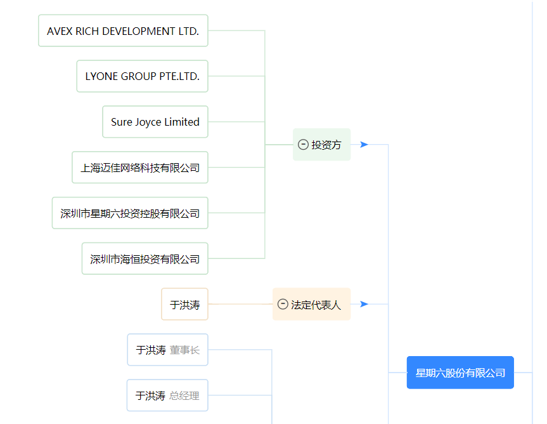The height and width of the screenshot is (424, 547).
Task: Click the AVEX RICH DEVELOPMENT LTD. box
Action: point(123,30)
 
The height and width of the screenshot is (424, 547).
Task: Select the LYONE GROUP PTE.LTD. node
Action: point(143,76)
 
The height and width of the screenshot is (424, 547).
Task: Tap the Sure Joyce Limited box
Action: point(155,122)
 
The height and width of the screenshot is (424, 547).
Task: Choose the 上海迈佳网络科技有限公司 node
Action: point(140,168)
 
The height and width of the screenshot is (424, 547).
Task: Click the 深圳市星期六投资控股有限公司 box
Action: point(130,213)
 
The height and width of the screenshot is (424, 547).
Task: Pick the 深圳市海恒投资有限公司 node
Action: point(145,258)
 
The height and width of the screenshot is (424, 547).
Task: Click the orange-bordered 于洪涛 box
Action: point(185,304)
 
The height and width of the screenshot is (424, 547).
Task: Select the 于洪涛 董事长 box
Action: point(168,350)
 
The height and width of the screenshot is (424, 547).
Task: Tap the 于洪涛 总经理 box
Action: point(167,395)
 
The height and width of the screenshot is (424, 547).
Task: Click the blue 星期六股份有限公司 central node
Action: point(460,373)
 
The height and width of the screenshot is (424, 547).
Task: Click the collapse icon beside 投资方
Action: point(303,145)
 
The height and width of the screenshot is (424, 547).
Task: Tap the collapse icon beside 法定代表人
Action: point(283,304)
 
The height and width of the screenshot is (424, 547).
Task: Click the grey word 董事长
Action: point(184,350)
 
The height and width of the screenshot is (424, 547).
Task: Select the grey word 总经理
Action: point(184,395)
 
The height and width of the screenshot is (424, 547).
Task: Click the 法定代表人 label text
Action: point(316,305)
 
